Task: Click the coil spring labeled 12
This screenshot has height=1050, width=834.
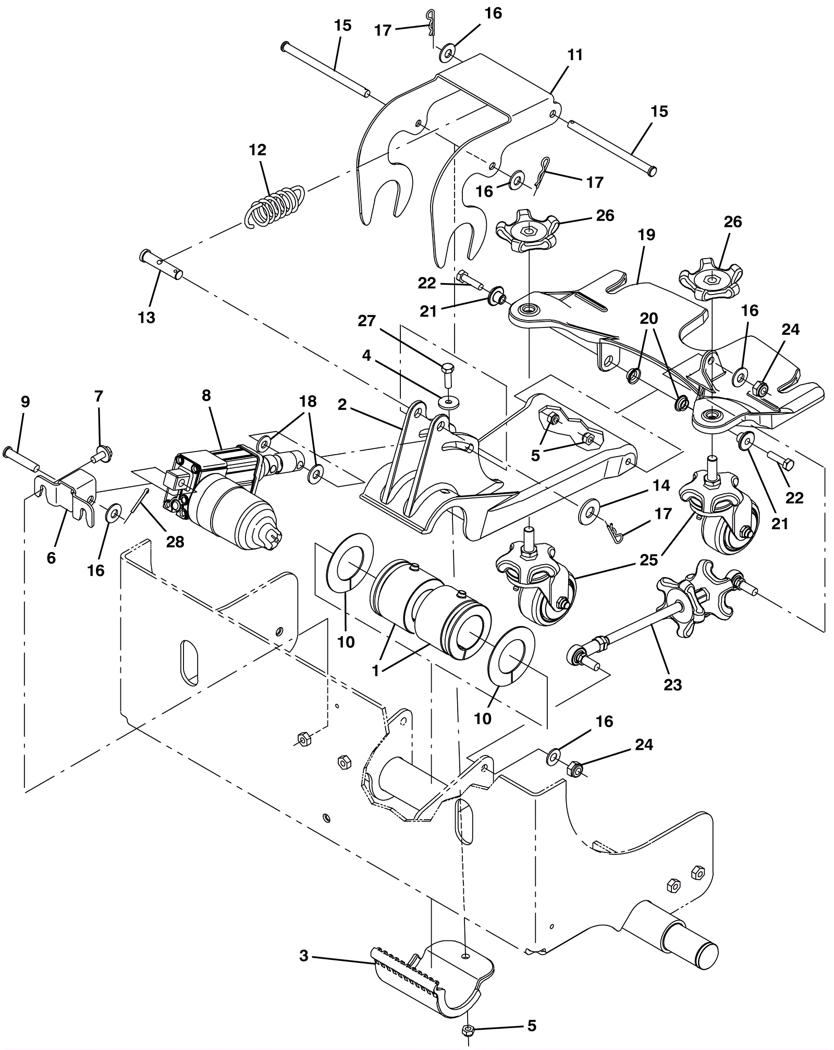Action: point(274,205)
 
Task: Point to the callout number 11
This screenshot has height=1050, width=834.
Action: point(574,55)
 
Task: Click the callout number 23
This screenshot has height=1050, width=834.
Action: point(672,683)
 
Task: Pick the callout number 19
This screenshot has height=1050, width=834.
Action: point(646,235)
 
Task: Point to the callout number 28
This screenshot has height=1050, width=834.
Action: point(175,542)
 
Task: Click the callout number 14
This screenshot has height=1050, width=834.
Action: point(661,485)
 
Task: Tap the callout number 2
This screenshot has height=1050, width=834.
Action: point(342,405)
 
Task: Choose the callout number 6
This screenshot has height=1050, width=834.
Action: point(51,557)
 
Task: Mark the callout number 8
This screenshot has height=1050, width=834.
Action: point(206,395)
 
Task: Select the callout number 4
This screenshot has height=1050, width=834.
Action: point(366,356)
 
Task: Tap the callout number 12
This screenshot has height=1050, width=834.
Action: point(257,150)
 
